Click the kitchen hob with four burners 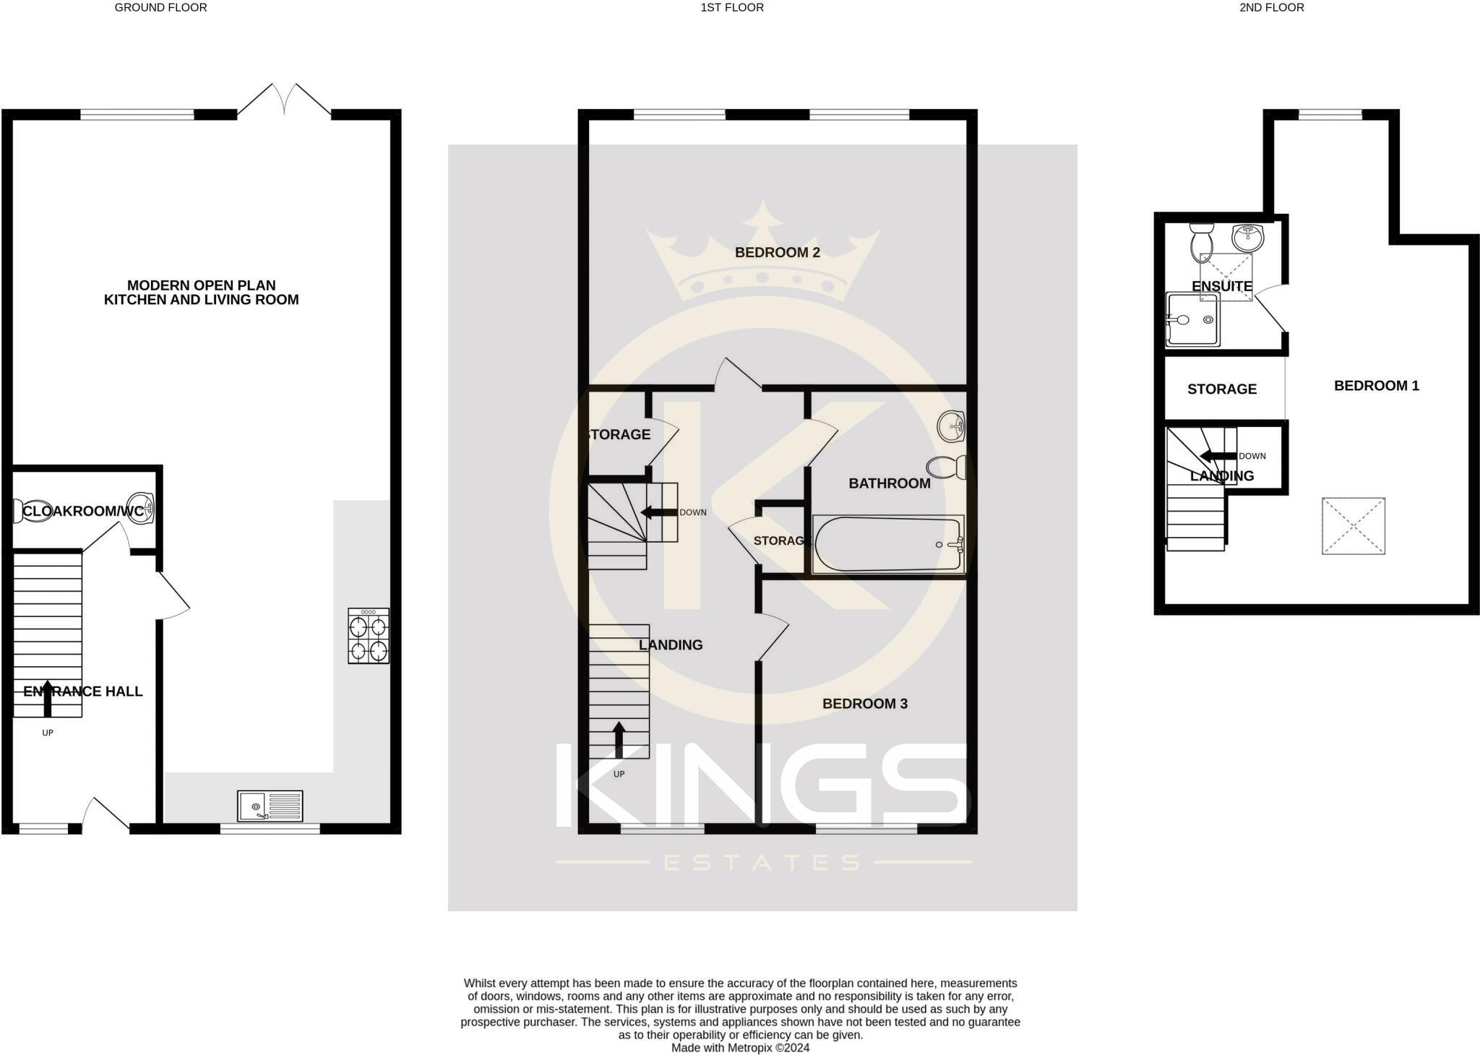pos(369,635)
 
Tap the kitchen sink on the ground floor pos(270,806)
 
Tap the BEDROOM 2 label pos(777,252)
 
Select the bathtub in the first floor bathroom pos(888,544)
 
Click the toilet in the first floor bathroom pos(947,468)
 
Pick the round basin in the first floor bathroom pos(951,426)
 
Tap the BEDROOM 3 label pos(864,703)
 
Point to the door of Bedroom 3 pos(772,637)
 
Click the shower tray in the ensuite pos(1192,319)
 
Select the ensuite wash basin pos(1248,236)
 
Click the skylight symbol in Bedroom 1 pos(1353,526)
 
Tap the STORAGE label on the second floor pos(1221,389)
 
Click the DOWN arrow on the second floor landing pos(1218,456)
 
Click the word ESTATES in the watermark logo pos(762,862)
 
